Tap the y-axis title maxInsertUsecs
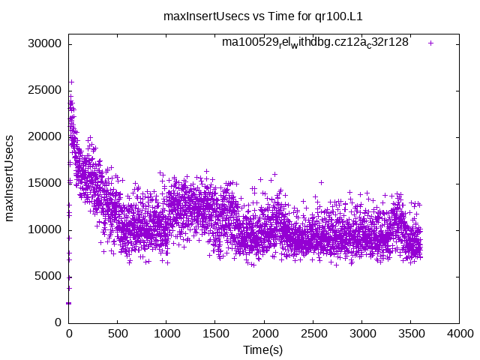10,178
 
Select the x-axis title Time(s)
263,350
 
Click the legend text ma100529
315,43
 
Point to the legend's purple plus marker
430,43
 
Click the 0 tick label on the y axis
58,322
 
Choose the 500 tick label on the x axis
118,334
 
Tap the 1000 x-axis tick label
166,334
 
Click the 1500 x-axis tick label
215,334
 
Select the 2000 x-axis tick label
264,334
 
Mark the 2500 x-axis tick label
313,334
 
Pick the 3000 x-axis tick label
361,334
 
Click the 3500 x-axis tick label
410,334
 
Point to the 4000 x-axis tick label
459,334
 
